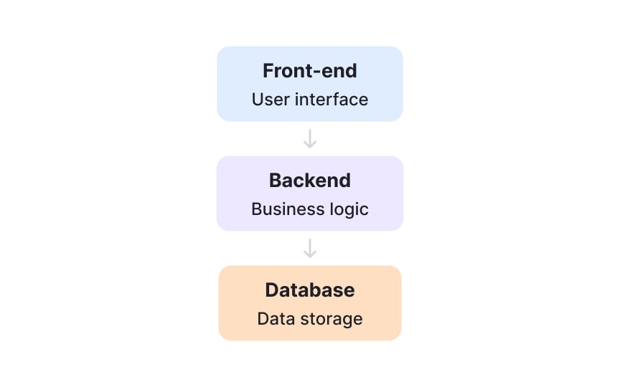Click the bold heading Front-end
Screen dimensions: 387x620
pyautogui.click(x=310, y=71)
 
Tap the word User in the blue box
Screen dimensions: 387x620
pyautogui.click(x=268, y=99)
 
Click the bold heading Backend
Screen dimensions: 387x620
pyautogui.click(x=310, y=181)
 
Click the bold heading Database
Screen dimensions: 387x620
pyautogui.click(x=310, y=290)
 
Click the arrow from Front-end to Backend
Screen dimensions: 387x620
pyautogui.click(x=310, y=139)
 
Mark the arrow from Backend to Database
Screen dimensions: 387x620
pyautogui.click(x=310, y=249)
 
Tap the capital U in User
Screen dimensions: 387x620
pyautogui.click(x=257, y=99)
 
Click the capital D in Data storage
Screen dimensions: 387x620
pyautogui.click(x=263, y=318)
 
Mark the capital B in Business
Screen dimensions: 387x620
pyautogui.click(x=256, y=209)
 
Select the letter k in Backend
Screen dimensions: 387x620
pyautogui.click(x=314, y=181)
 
